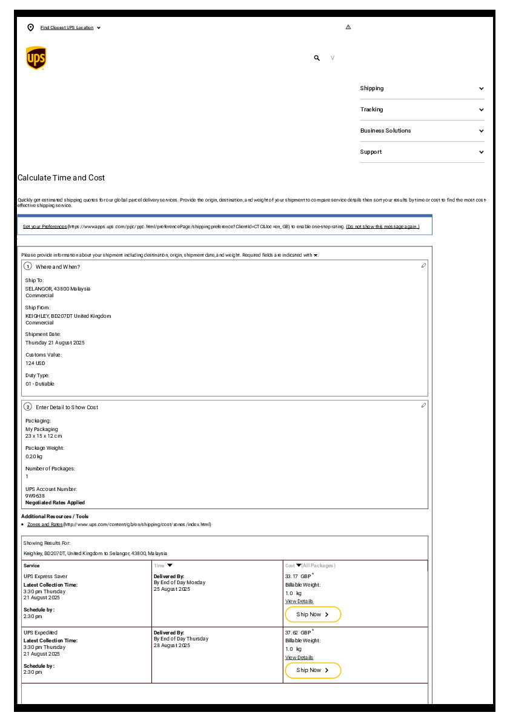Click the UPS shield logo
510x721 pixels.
click(36, 58)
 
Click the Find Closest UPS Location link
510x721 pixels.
click(67, 28)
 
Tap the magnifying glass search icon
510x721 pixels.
click(317, 58)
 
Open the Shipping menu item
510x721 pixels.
click(372, 88)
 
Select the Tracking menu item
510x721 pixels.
click(371, 110)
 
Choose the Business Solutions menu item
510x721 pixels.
click(385, 131)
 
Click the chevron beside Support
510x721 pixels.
click(482, 152)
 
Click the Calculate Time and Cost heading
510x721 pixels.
click(61, 178)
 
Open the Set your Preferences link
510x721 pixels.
click(45, 226)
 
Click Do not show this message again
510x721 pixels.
click(382, 226)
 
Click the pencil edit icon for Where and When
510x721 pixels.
click(423, 266)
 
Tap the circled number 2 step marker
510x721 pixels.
click(28, 407)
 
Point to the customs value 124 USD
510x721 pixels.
click(35, 363)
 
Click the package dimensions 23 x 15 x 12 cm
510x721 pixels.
click(44, 436)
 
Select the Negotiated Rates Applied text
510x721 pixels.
click(55, 502)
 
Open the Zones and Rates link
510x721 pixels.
click(45, 524)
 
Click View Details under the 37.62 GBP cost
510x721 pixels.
click(299, 657)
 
